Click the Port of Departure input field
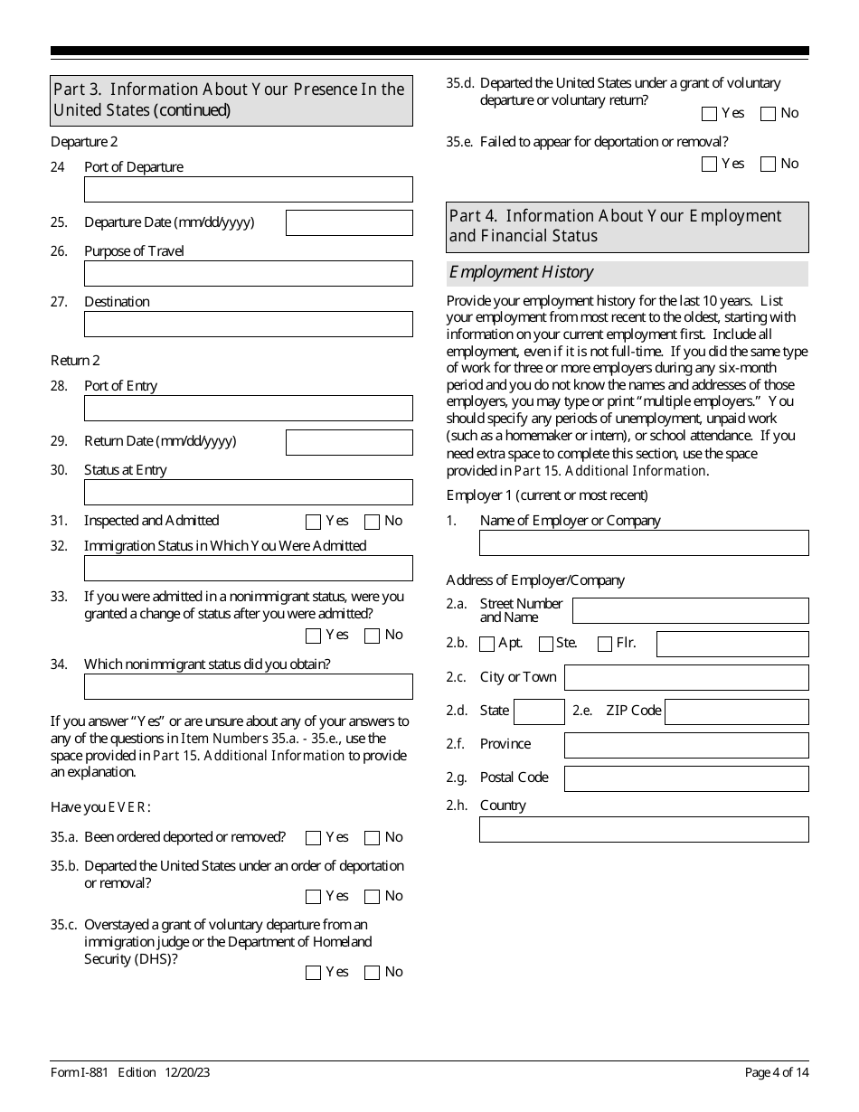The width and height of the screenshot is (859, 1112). click(x=248, y=190)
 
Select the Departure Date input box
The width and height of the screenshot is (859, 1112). click(x=349, y=222)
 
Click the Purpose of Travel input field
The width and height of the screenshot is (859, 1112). click(x=248, y=274)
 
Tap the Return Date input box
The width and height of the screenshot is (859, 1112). click(x=349, y=442)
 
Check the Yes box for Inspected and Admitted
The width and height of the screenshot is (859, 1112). click(x=314, y=522)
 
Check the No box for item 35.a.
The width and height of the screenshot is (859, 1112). click(x=372, y=838)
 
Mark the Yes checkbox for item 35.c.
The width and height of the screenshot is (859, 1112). click(x=314, y=973)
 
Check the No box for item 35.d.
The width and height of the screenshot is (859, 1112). click(x=769, y=114)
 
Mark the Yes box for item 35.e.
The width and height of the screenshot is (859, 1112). click(x=709, y=165)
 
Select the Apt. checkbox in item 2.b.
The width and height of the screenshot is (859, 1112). click(x=487, y=645)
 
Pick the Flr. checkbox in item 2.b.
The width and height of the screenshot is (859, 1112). click(x=606, y=645)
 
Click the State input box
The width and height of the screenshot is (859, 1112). click(x=539, y=711)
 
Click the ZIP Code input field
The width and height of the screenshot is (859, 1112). click(x=736, y=711)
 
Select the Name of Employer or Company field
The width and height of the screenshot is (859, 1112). click(x=644, y=542)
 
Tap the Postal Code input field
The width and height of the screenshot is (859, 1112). click(x=686, y=778)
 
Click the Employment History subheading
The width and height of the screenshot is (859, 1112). click(x=522, y=272)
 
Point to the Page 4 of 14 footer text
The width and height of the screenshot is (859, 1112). click(x=776, y=1072)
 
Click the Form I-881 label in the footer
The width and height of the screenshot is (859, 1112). click(x=80, y=1072)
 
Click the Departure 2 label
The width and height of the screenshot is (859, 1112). click(x=84, y=142)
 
